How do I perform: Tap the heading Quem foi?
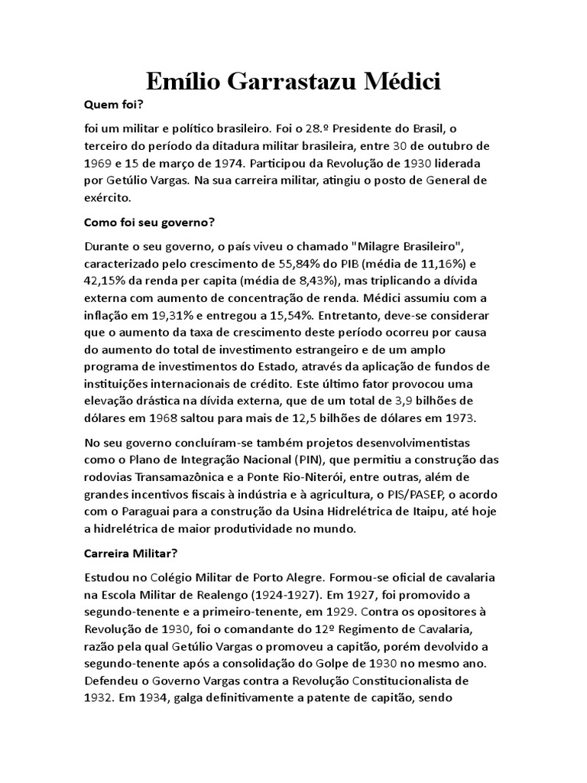[x=113, y=108]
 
